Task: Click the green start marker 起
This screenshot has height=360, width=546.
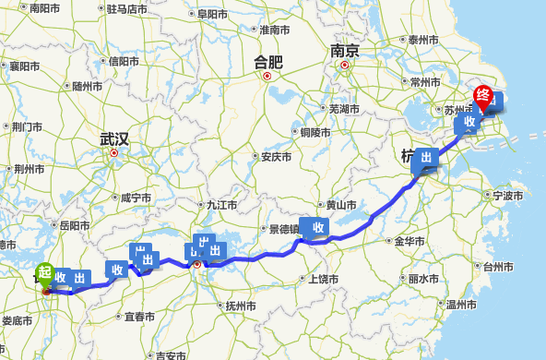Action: click(x=43, y=272)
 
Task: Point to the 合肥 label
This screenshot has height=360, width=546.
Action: click(x=268, y=62)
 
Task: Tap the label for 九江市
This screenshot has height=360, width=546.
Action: click(x=222, y=205)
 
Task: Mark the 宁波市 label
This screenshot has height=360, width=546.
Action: click(x=507, y=196)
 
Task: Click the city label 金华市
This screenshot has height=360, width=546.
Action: click(x=409, y=241)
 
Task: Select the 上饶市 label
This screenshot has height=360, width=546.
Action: click(x=323, y=279)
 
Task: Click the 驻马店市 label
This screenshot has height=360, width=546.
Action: click(x=126, y=9)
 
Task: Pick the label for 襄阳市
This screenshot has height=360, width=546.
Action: click(x=24, y=66)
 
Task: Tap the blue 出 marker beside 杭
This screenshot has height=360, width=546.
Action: click(x=426, y=159)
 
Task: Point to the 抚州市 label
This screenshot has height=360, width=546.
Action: click(x=240, y=306)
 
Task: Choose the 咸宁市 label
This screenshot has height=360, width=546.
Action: click(x=136, y=198)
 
